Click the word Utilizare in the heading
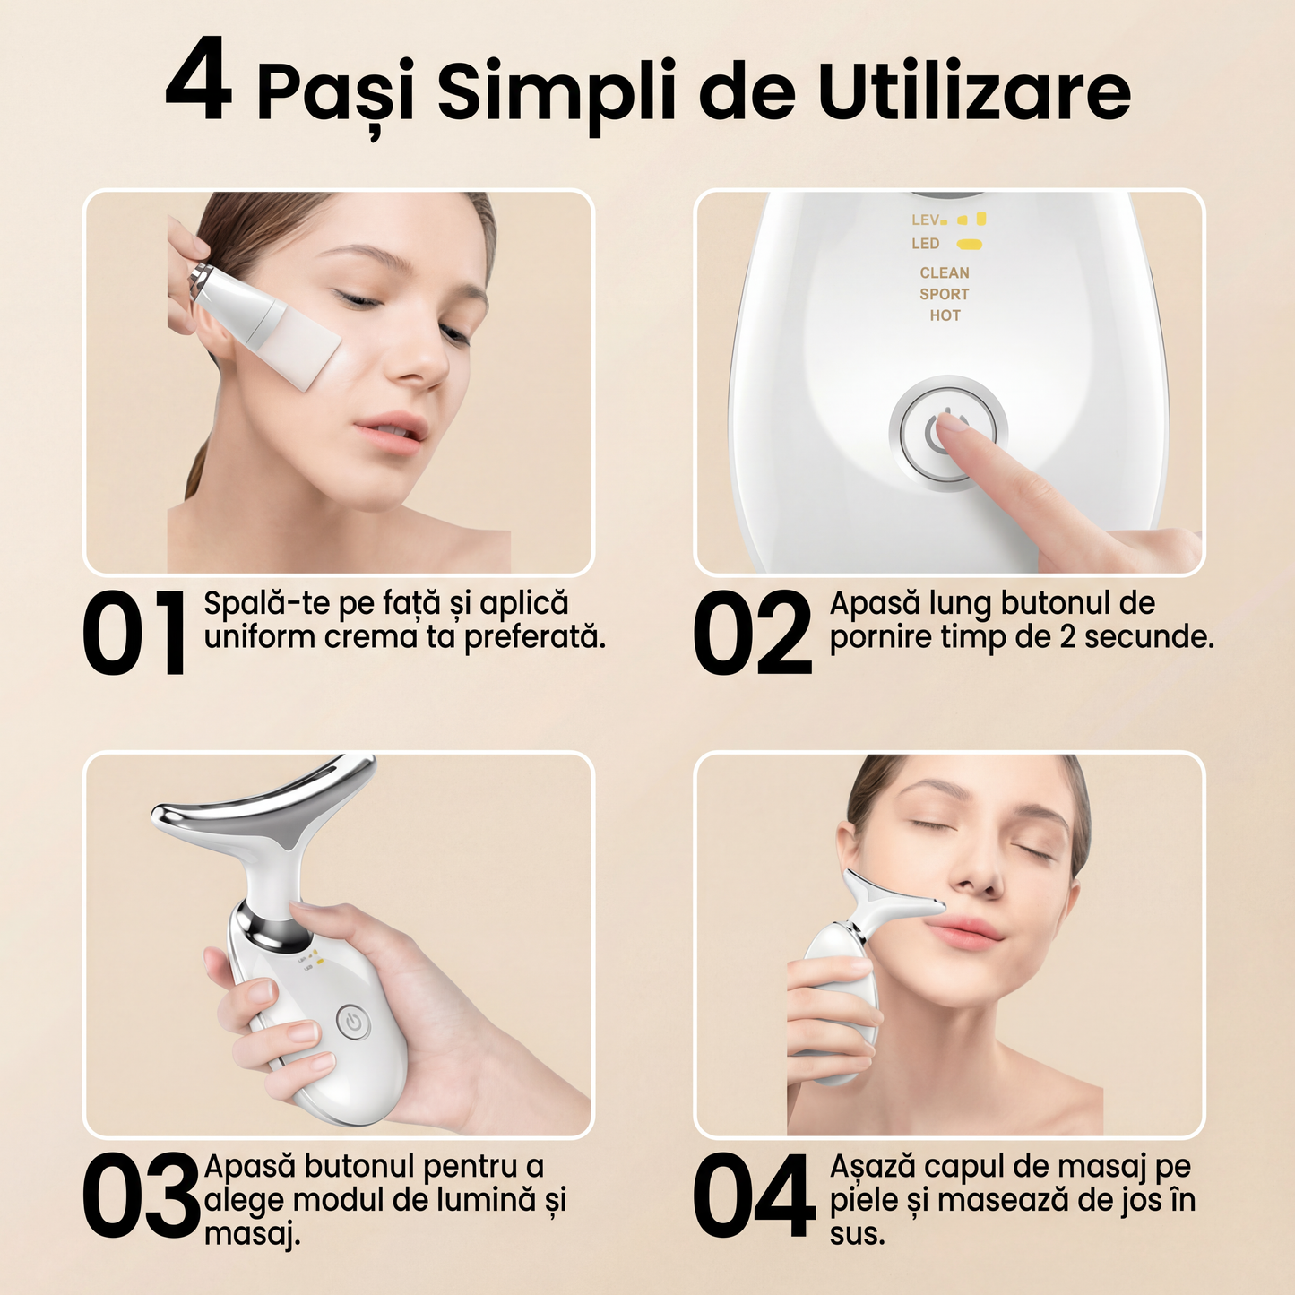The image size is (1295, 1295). click(x=974, y=91)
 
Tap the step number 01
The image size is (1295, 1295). click(x=134, y=633)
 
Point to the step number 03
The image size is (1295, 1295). click(x=141, y=1196)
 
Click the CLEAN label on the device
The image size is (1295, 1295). click(x=945, y=272)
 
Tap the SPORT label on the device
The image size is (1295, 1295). click(x=945, y=294)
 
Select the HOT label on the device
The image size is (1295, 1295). click(x=945, y=315)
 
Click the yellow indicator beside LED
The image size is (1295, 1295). click(x=970, y=244)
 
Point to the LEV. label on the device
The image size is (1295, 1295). click(x=927, y=220)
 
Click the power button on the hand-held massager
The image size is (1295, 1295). click(x=353, y=1023)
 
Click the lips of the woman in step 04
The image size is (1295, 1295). click(x=964, y=937)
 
